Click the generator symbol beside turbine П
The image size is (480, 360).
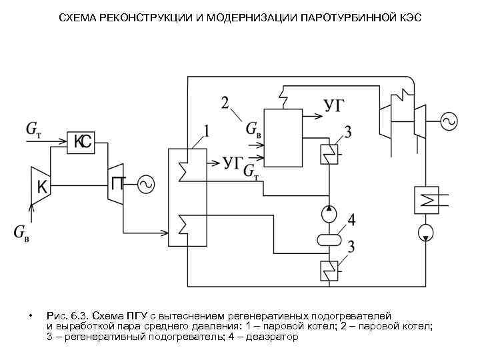click(x=145, y=183)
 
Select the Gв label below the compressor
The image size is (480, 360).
click(x=21, y=233)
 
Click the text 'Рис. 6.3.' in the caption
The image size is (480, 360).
click(x=67, y=315)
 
